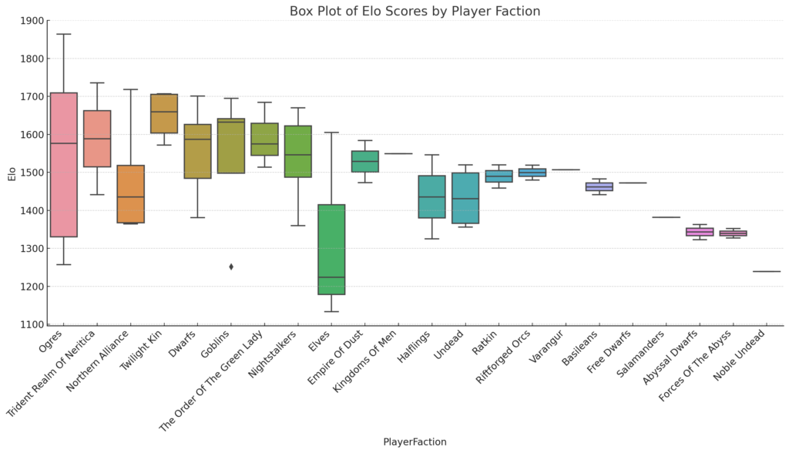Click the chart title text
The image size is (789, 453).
[x=415, y=12]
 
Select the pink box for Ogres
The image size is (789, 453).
[x=63, y=165]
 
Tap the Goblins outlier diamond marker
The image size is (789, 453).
[x=231, y=267]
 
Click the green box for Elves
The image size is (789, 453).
[x=331, y=250]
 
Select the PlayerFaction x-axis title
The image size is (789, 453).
[x=415, y=442]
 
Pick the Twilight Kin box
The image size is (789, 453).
[x=164, y=113]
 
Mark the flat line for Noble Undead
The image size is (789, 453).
[x=767, y=271]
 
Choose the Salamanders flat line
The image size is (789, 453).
[x=666, y=217]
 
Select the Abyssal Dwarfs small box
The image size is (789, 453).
[x=700, y=232]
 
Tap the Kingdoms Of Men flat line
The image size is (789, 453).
[x=398, y=153]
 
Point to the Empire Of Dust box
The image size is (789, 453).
[x=364, y=161]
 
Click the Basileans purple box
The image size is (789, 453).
[x=599, y=186]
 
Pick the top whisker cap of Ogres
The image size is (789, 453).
[x=63, y=34]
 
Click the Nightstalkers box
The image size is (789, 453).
[x=298, y=151]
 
